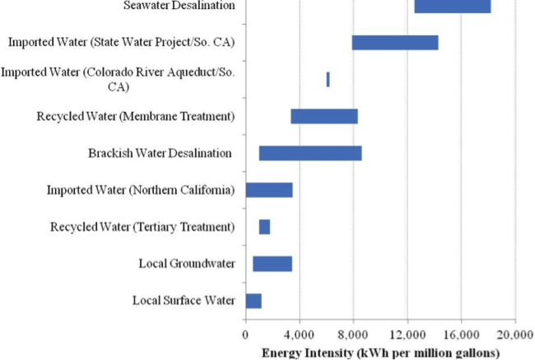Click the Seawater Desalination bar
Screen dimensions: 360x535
(452, 7)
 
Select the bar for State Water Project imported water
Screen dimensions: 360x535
(394, 43)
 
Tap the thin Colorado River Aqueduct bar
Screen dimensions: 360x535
(328, 79)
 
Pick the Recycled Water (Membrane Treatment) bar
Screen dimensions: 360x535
(323, 116)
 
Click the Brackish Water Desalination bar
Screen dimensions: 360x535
(309, 153)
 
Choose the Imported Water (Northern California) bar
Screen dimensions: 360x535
(269, 190)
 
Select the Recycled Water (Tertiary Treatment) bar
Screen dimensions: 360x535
(264, 227)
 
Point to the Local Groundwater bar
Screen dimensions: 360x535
(272, 264)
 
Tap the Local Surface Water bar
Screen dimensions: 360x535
(254, 301)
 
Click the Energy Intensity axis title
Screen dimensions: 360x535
(380, 352)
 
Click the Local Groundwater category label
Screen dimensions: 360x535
(187, 264)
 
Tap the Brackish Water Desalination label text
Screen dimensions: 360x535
(160, 153)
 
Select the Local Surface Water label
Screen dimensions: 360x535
(184, 301)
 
